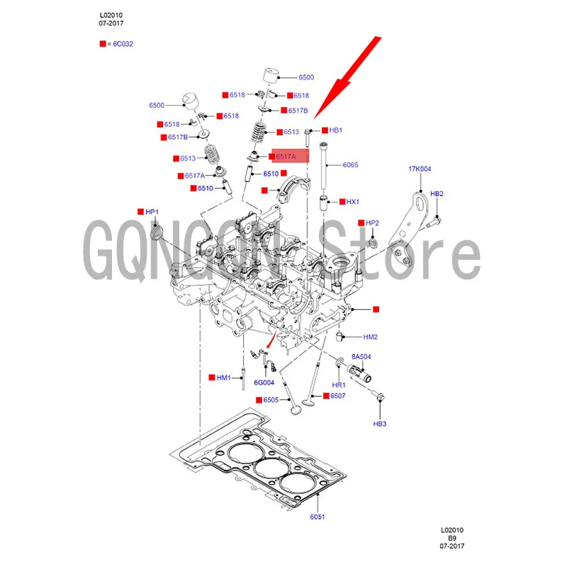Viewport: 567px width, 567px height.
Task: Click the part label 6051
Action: [317, 517]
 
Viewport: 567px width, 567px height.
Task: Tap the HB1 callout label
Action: [336, 130]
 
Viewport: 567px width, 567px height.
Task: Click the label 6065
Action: [351, 164]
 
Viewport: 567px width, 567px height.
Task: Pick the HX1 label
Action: [352, 202]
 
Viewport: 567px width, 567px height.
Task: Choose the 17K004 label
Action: [420, 169]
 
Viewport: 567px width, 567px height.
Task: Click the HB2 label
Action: [437, 193]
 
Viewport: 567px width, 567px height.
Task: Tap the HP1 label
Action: [152, 212]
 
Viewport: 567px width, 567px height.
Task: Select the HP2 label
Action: [373, 223]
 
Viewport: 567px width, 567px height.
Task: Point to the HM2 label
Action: [370, 337]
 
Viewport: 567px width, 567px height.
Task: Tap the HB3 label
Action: [380, 424]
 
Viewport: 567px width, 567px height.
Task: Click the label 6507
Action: [337, 395]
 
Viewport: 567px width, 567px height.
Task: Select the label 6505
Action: [271, 400]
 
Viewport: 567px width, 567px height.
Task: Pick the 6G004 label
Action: [264, 383]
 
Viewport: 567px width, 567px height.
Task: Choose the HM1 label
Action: [224, 378]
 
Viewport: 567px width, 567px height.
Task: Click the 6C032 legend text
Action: [123, 44]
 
